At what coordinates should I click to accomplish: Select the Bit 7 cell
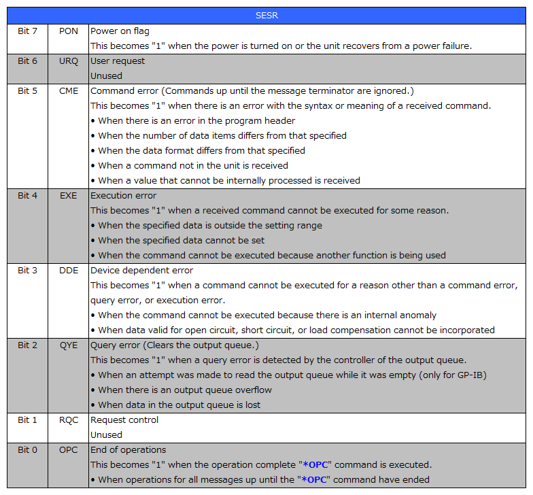(x=28, y=31)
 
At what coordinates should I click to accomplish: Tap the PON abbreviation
(x=69, y=31)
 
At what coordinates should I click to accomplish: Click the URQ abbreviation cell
(x=69, y=61)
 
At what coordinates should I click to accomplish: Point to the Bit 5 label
(x=28, y=91)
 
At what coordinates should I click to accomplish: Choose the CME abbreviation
(x=69, y=91)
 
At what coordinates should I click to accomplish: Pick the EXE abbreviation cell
(x=69, y=196)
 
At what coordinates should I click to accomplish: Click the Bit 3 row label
(x=28, y=271)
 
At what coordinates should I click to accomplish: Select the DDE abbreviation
(x=69, y=271)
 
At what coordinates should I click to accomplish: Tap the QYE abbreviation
(x=69, y=345)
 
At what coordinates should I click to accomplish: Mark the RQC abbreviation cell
(x=69, y=420)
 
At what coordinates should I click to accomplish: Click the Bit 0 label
(x=28, y=450)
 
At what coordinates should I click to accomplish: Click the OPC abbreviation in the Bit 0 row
(x=69, y=450)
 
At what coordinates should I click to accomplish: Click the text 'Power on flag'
(x=120, y=31)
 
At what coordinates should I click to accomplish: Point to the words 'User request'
(x=118, y=61)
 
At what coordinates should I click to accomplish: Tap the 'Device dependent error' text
(x=141, y=271)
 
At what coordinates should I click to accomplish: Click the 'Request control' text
(x=124, y=420)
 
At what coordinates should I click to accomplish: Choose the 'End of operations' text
(x=128, y=450)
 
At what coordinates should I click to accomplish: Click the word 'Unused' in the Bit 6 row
(x=106, y=76)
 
